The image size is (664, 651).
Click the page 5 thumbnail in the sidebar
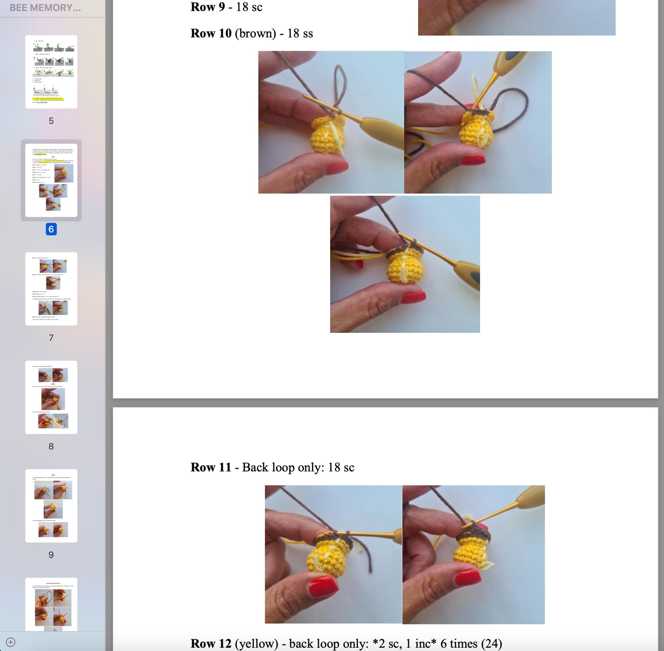pos(51,72)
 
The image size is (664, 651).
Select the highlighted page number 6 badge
pos(51,229)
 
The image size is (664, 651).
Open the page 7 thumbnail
pos(51,289)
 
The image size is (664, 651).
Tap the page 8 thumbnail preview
pos(51,397)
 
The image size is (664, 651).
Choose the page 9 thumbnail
pos(51,505)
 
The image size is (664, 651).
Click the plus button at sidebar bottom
pos(11,642)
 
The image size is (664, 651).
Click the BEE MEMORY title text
pos(45,8)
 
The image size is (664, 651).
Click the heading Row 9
pos(207,7)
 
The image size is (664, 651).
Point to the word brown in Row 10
pos(255,34)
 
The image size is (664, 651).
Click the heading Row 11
pos(211,467)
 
